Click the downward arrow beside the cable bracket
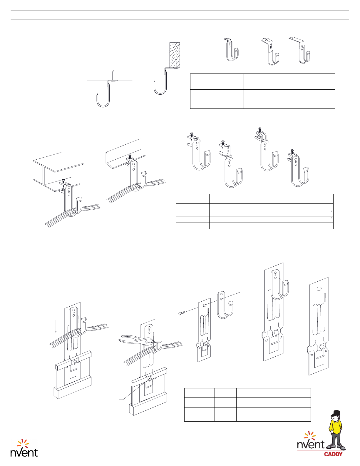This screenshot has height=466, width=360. (x=56, y=327)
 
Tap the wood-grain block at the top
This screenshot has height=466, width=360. (x=175, y=55)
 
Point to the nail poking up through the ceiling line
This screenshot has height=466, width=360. (x=113, y=75)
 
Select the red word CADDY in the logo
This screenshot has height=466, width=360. (x=333, y=454)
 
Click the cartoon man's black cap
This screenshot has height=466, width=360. (x=336, y=413)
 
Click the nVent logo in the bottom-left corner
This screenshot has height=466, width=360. (x=24, y=448)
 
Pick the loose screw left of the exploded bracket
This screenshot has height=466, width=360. (x=181, y=313)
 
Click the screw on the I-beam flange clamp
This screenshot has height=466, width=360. (x=63, y=181)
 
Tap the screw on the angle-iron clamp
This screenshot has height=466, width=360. (x=130, y=156)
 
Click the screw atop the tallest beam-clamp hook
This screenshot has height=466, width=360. (x=260, y=130)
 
